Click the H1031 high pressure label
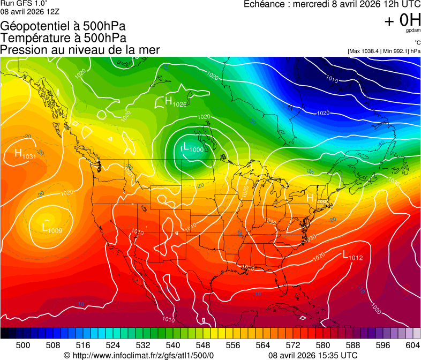(x=25, y=154)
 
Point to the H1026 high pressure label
(x=176, y=102)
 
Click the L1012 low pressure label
(x=352, y=257)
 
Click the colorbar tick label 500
(x=23, y=345)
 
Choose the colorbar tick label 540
(x=173, y=345)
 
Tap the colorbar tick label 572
(x=293, y=345)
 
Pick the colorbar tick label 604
(x=412, y=345)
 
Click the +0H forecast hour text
(x=402, y=20)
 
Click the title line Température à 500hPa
(x=63, y=38)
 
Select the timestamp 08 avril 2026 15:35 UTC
(x=312, y=355)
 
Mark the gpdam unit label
(x=413, y=31)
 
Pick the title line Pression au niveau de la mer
(x=80, y=50)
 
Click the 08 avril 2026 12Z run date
(x=30, y=11)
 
